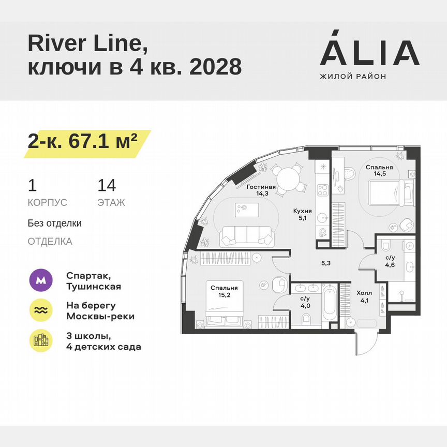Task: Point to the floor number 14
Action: (x=107, y=186)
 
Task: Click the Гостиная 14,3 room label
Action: (x=261, y=190)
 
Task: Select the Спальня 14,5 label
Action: (x=379, y=171)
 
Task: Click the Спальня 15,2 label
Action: (x=224, y=292)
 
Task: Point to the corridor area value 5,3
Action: (x=325, y=263)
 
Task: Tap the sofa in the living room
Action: (x=247, y=236)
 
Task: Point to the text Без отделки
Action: (x=55, y=224)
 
